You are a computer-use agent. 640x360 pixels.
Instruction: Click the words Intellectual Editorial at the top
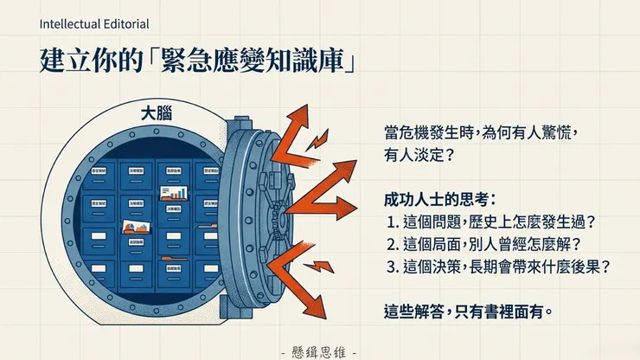point(93,23)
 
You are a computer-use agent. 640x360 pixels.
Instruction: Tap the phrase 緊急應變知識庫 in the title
point(259,62)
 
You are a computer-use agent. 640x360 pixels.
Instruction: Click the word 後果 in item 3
point(588,267)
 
